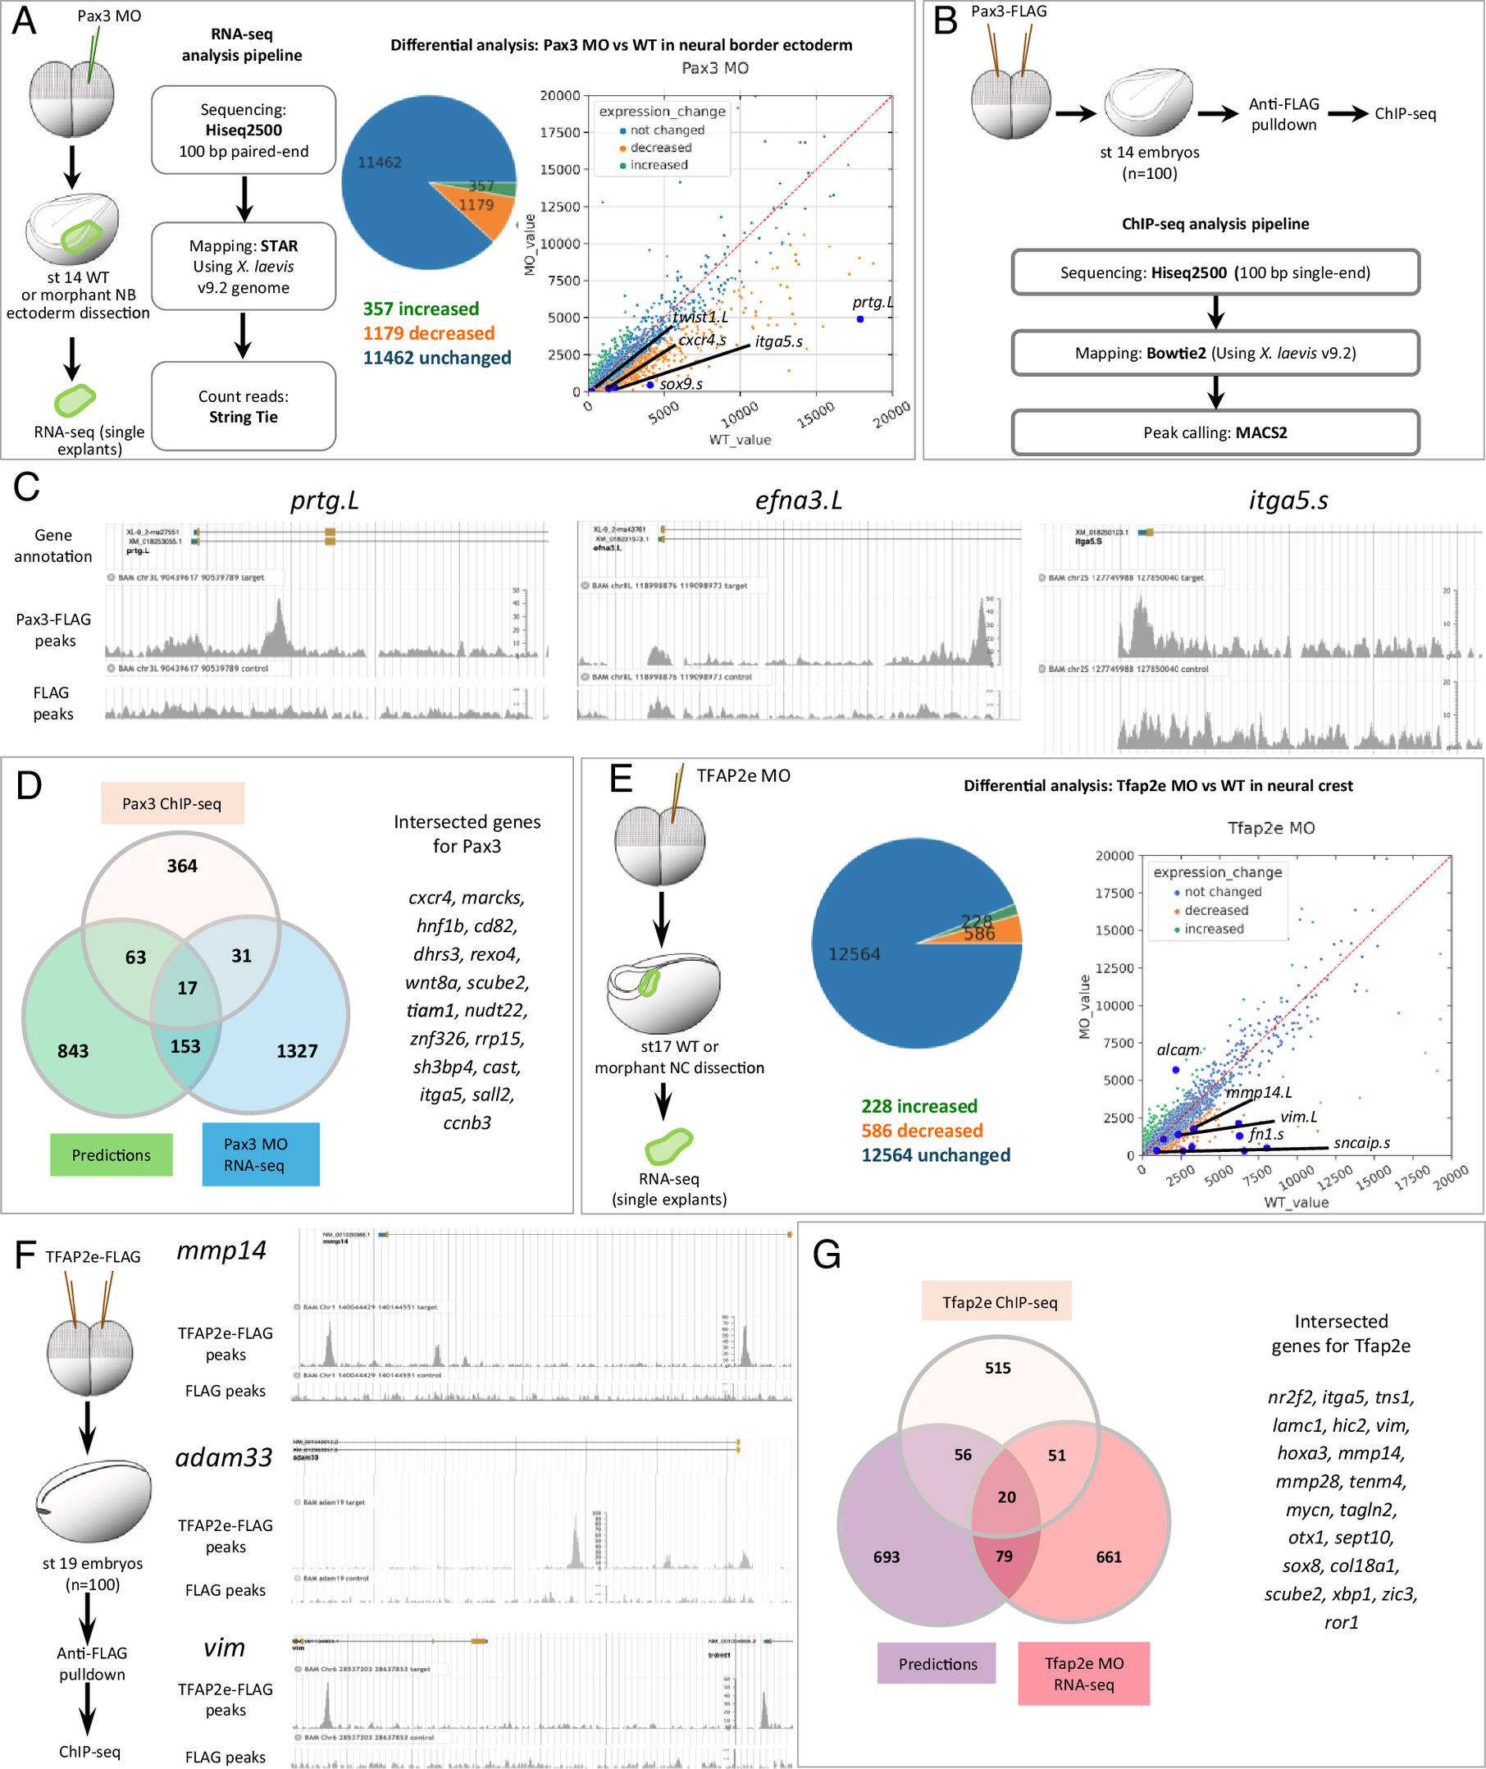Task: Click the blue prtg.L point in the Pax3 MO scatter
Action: click(860, 319)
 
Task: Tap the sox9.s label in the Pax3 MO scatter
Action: click(681, 384)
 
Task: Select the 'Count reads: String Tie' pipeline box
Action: click(244, 406)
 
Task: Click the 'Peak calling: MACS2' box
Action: click(1215, 432)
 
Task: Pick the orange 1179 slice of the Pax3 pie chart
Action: click(476, 208)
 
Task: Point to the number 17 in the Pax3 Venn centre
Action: click(187, 988)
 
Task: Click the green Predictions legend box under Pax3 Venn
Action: click(112, 1154)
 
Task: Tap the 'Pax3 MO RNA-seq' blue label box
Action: click(260, 1154)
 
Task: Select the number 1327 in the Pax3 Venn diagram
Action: click(297, 1051)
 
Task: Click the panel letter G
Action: click(827, 1255)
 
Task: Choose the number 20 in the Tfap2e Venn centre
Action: click(1007, 1497)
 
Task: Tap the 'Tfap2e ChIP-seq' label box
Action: click(999, 1302)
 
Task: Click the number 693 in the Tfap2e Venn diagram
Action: click(887, 1556)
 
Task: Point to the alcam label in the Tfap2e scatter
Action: click(1178, 1050)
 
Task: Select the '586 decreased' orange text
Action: click(922, 1130)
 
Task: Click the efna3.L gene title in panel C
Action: click(798, 501)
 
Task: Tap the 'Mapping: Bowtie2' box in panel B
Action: click(1215, 353)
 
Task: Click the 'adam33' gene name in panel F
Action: click(224, 1457)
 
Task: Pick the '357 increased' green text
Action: click(421, 309)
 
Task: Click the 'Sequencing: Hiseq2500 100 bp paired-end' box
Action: click(244, 130)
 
